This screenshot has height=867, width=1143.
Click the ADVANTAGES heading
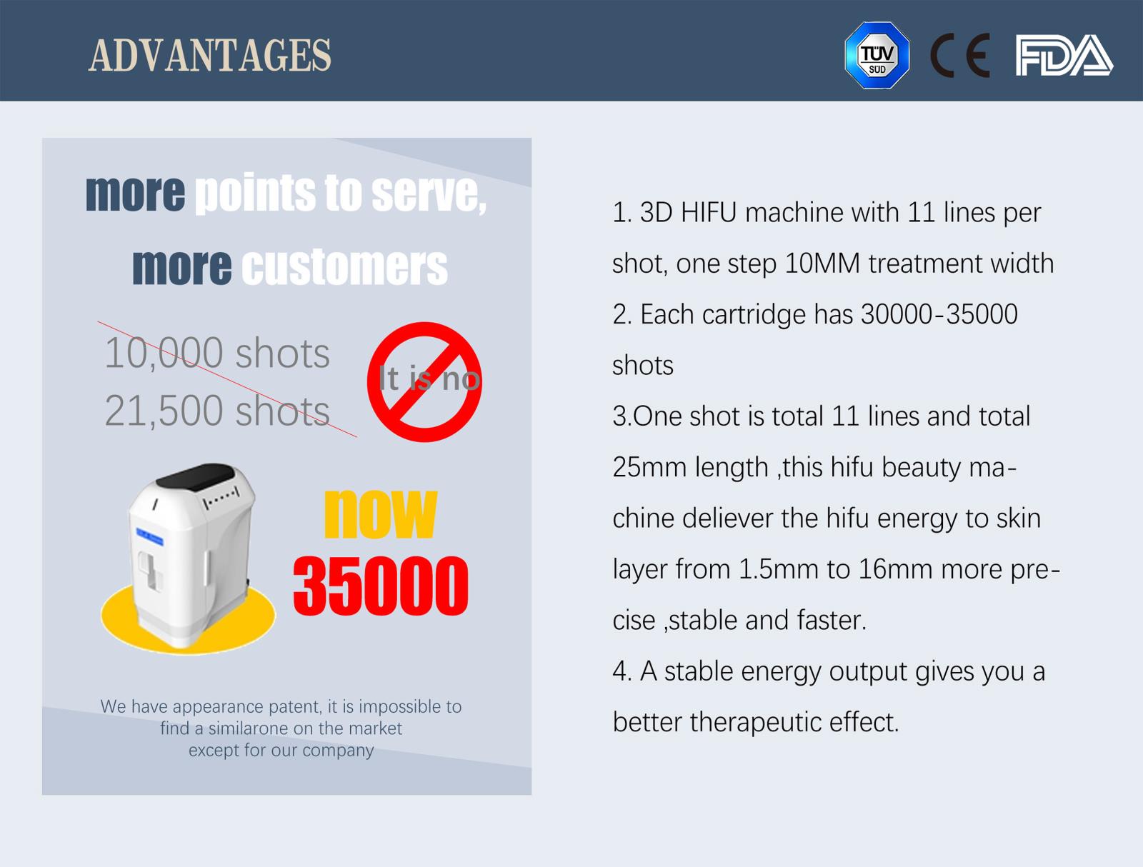210,55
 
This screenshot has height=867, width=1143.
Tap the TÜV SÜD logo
877,55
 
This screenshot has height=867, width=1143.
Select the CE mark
959,55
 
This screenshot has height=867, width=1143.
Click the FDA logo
1064,55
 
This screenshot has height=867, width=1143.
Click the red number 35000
381,586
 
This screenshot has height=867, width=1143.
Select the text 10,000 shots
217,354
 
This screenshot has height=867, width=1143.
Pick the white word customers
344,267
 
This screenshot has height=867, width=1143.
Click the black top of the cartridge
195,476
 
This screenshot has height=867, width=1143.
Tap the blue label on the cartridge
149,536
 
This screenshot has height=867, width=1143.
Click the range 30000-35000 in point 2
939,314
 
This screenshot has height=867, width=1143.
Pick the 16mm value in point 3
896,569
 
